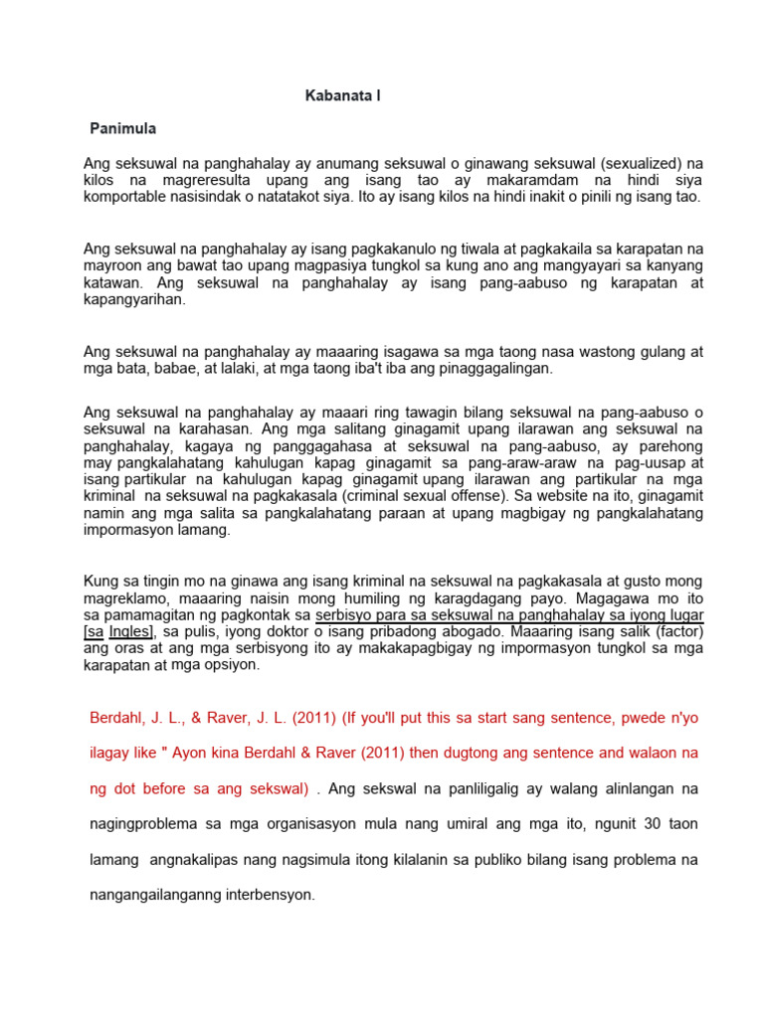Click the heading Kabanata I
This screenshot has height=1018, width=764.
click(x=342, y=96)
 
